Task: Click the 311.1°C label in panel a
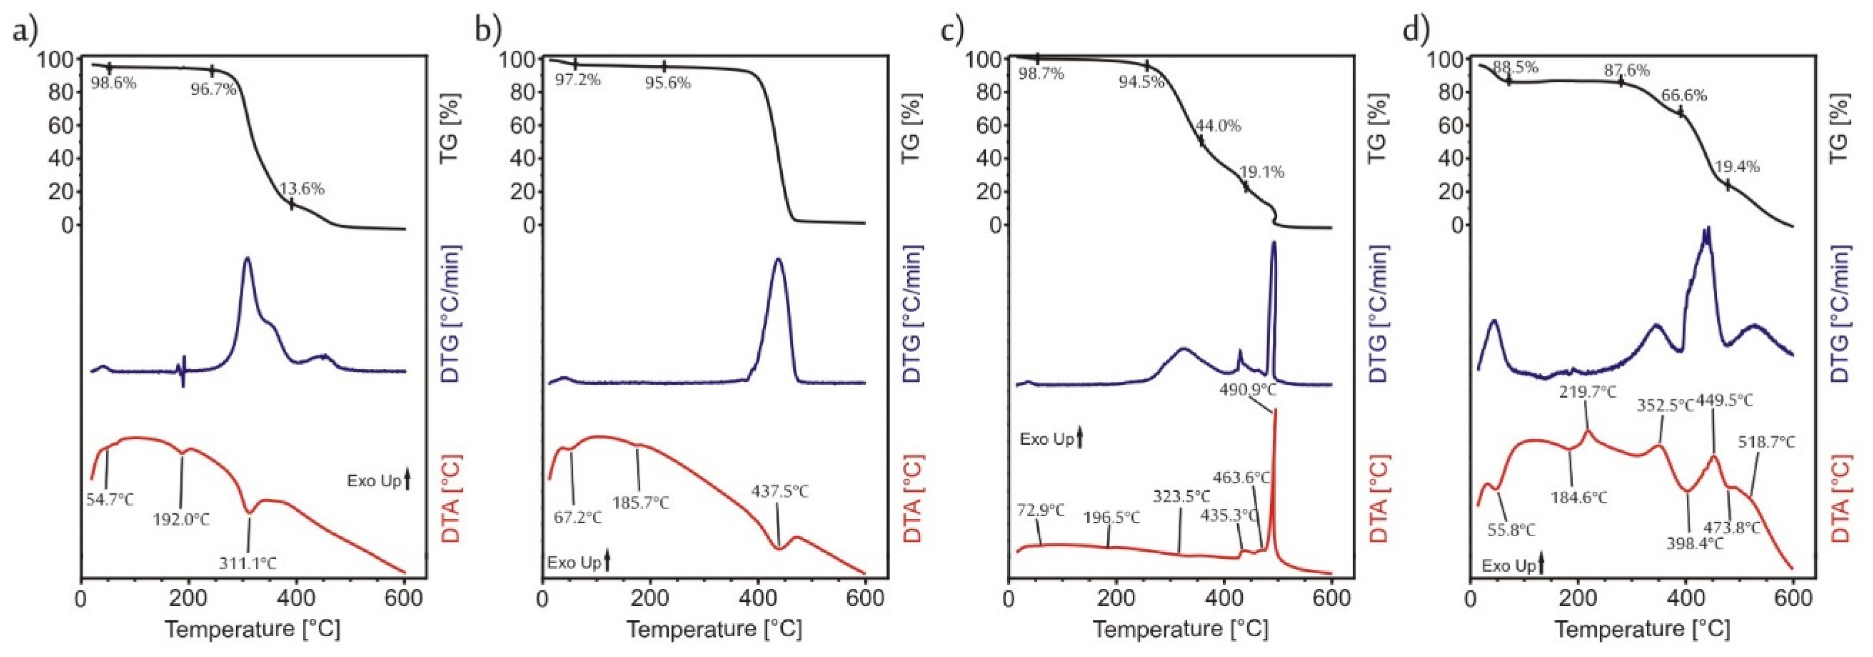tap(248, 562)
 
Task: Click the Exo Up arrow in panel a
tap(407, 480)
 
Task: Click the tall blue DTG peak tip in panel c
tap(1274, 264)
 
